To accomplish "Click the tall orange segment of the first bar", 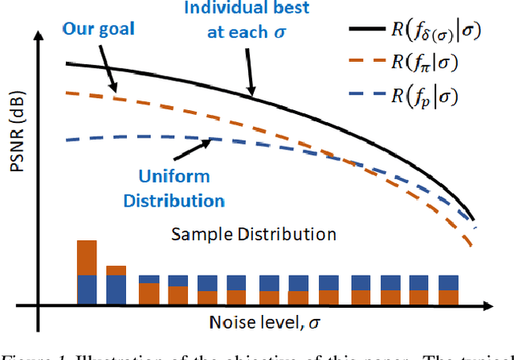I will [87, 257].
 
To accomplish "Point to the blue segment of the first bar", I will [87, 288].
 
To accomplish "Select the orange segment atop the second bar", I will [116, 270].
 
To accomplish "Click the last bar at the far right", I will [449, 288].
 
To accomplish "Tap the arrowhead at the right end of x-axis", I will [506, 305].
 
